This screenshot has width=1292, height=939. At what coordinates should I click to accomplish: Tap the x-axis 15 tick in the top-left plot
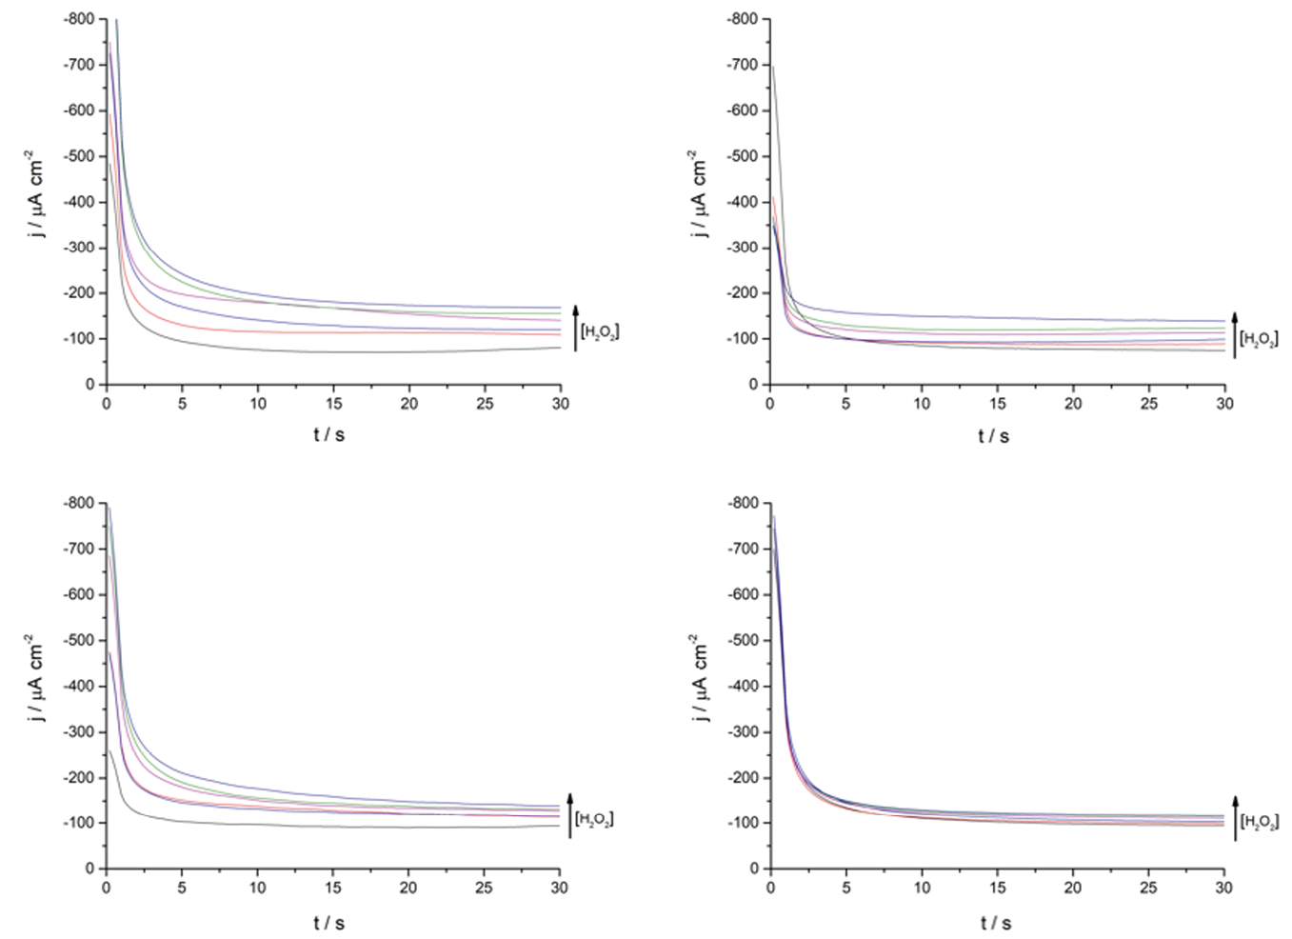[333, 404]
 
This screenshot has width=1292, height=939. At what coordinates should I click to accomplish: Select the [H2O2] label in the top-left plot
[600, 332]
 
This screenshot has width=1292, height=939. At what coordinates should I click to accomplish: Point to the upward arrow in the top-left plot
[575, 329]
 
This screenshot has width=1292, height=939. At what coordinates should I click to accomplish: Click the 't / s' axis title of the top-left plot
[328, 435]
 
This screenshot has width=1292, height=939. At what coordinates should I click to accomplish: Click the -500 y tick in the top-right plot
[743, 156]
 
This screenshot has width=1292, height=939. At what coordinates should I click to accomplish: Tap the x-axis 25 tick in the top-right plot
[1149, 404]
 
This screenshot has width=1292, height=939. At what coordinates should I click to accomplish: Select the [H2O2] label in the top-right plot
[1258, 338]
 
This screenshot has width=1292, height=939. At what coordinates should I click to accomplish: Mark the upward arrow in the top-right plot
[1234, 334]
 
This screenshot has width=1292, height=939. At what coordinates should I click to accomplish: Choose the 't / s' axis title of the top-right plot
[993, 436]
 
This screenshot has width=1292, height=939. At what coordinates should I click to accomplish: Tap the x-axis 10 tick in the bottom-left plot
[258, 888]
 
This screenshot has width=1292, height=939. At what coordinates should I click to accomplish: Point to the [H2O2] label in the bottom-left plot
[594, 819]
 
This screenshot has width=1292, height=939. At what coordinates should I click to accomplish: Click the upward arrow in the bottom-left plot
[569, 815]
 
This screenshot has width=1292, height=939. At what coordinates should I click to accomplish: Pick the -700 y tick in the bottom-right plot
[743, 549]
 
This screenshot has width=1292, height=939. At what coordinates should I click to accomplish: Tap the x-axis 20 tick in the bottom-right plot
[1073, 888]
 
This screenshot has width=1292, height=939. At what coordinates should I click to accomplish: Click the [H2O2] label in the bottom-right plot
[1259, 821]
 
